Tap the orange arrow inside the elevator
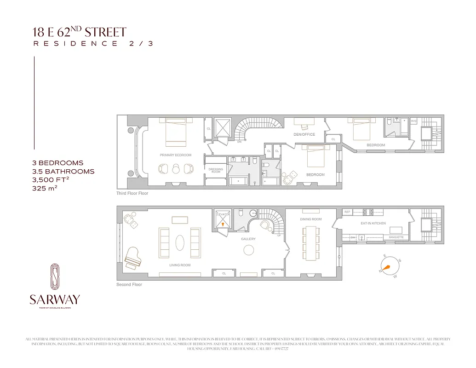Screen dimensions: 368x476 [224, 224]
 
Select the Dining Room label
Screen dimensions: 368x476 [311, 219]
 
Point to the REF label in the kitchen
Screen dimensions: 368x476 [348, 212]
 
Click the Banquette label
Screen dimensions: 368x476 [396, 237]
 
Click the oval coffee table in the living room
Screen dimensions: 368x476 [180, 242]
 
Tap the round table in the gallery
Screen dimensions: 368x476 [249, 250]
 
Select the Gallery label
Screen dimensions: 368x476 [248, 239]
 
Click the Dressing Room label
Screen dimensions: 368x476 [216, 170]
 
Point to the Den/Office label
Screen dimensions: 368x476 [304, 134]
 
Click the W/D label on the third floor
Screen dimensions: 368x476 [413, 121]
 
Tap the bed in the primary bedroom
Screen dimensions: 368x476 [176, 132]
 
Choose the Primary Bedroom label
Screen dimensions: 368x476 [175, 155]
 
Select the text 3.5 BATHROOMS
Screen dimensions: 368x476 [63, 171]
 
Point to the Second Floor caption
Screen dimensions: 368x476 [129, 285]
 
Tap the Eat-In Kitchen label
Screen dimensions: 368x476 [373, 224]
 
